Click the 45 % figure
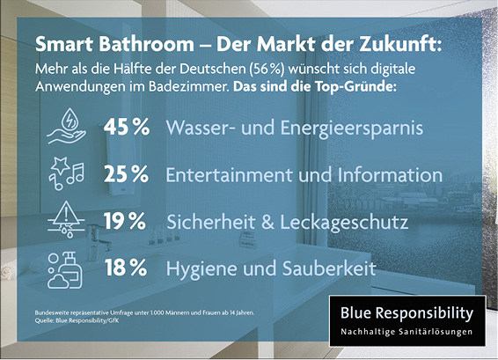click(x=127, y=128)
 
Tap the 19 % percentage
click(x=124, y=221)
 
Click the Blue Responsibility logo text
click(x=406, y=313)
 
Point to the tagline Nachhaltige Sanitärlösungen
click(x=406, y=332)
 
